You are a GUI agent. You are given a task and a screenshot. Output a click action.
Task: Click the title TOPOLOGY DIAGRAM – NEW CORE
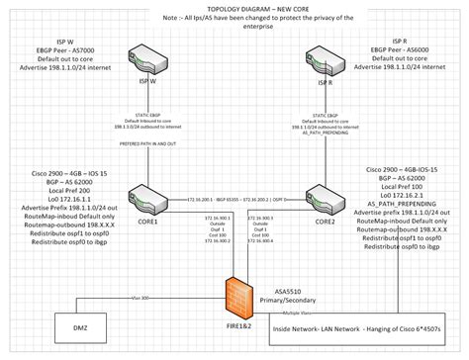(234, 7)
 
